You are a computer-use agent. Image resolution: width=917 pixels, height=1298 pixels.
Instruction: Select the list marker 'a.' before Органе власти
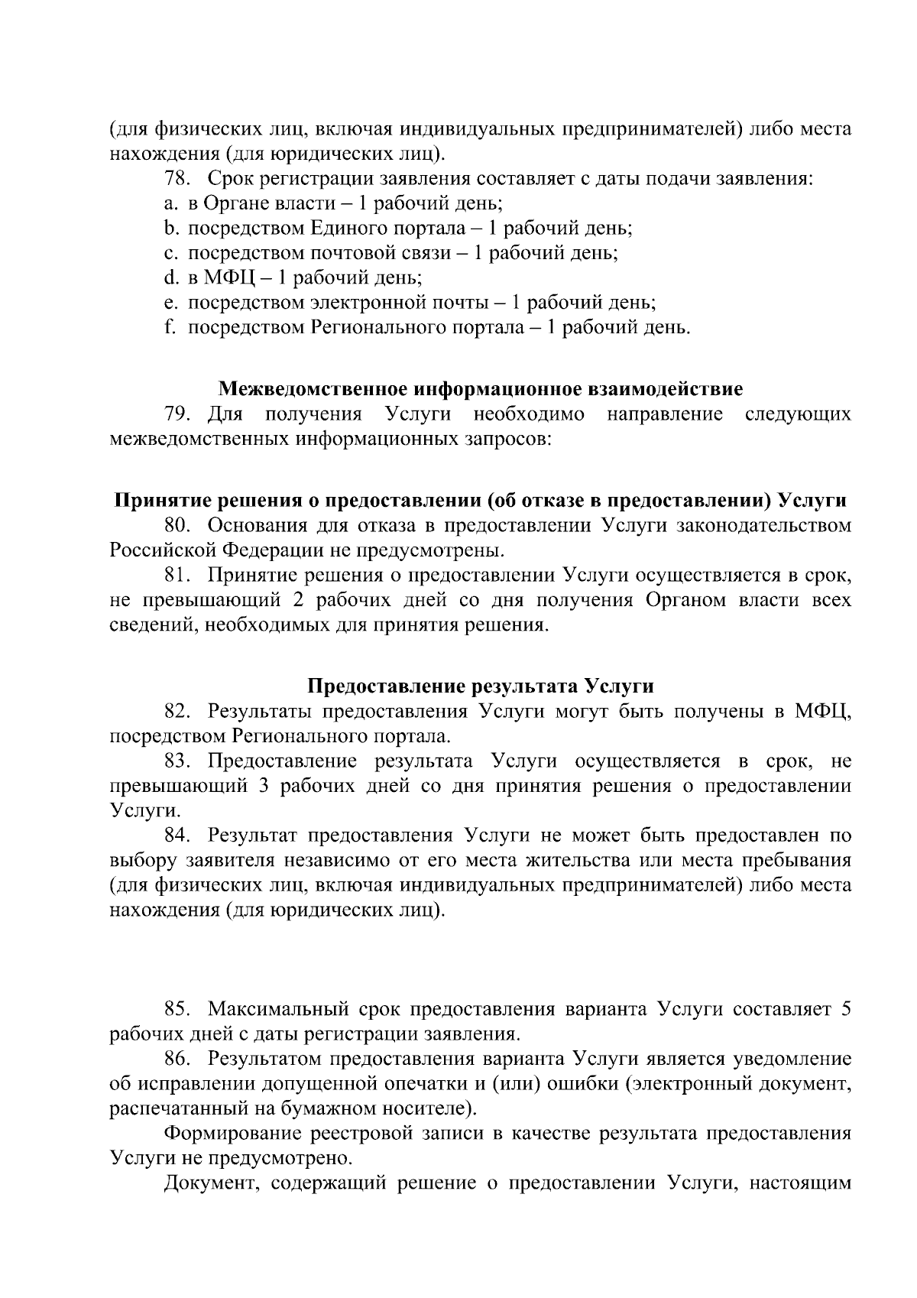[x=170, y=204]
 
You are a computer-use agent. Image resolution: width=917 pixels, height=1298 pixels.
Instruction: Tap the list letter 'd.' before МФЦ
[x=170, y=278]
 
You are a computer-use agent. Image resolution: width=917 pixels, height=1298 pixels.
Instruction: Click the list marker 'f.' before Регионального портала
[x=170, y=328]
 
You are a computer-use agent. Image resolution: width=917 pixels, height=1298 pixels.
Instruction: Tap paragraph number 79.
[x=178, y=414]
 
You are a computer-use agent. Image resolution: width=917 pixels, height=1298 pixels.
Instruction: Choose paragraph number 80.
[x=179, y=526]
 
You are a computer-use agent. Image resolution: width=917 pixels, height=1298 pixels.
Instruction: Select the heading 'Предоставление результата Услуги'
[x=480, y=686]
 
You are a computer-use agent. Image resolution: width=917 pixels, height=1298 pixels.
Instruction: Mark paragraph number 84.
[x=179, y=836]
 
